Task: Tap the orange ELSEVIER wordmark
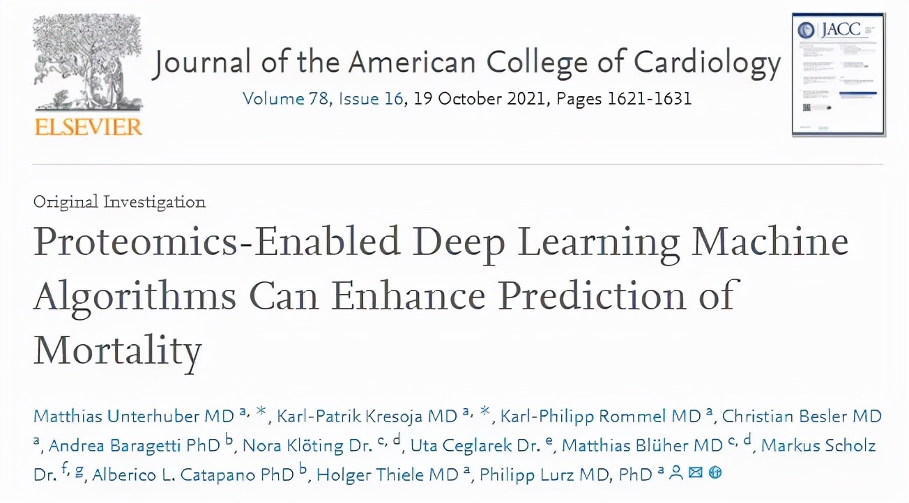(x=87, y=127)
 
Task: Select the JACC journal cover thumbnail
(x=838, y=75)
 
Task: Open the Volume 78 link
(x=286, y=98)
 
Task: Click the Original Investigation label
(x=119, y=203)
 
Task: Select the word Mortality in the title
(x=118, y=349)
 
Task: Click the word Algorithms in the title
(x=135, y=296)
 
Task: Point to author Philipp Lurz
(x=546, y=474)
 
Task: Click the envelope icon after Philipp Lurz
(x=695, y=473)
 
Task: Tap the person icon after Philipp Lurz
(x=675, y=473)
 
